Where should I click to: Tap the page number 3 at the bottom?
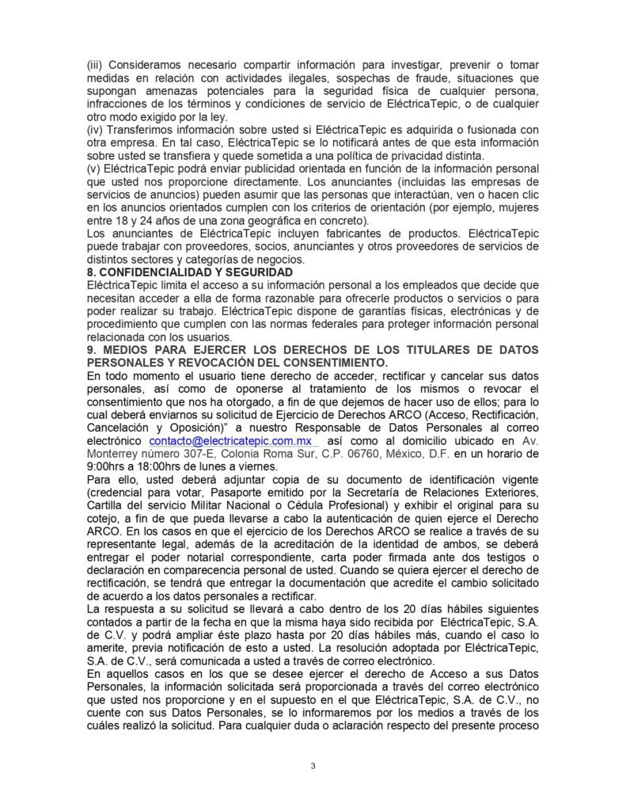click(x=313, y=766)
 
